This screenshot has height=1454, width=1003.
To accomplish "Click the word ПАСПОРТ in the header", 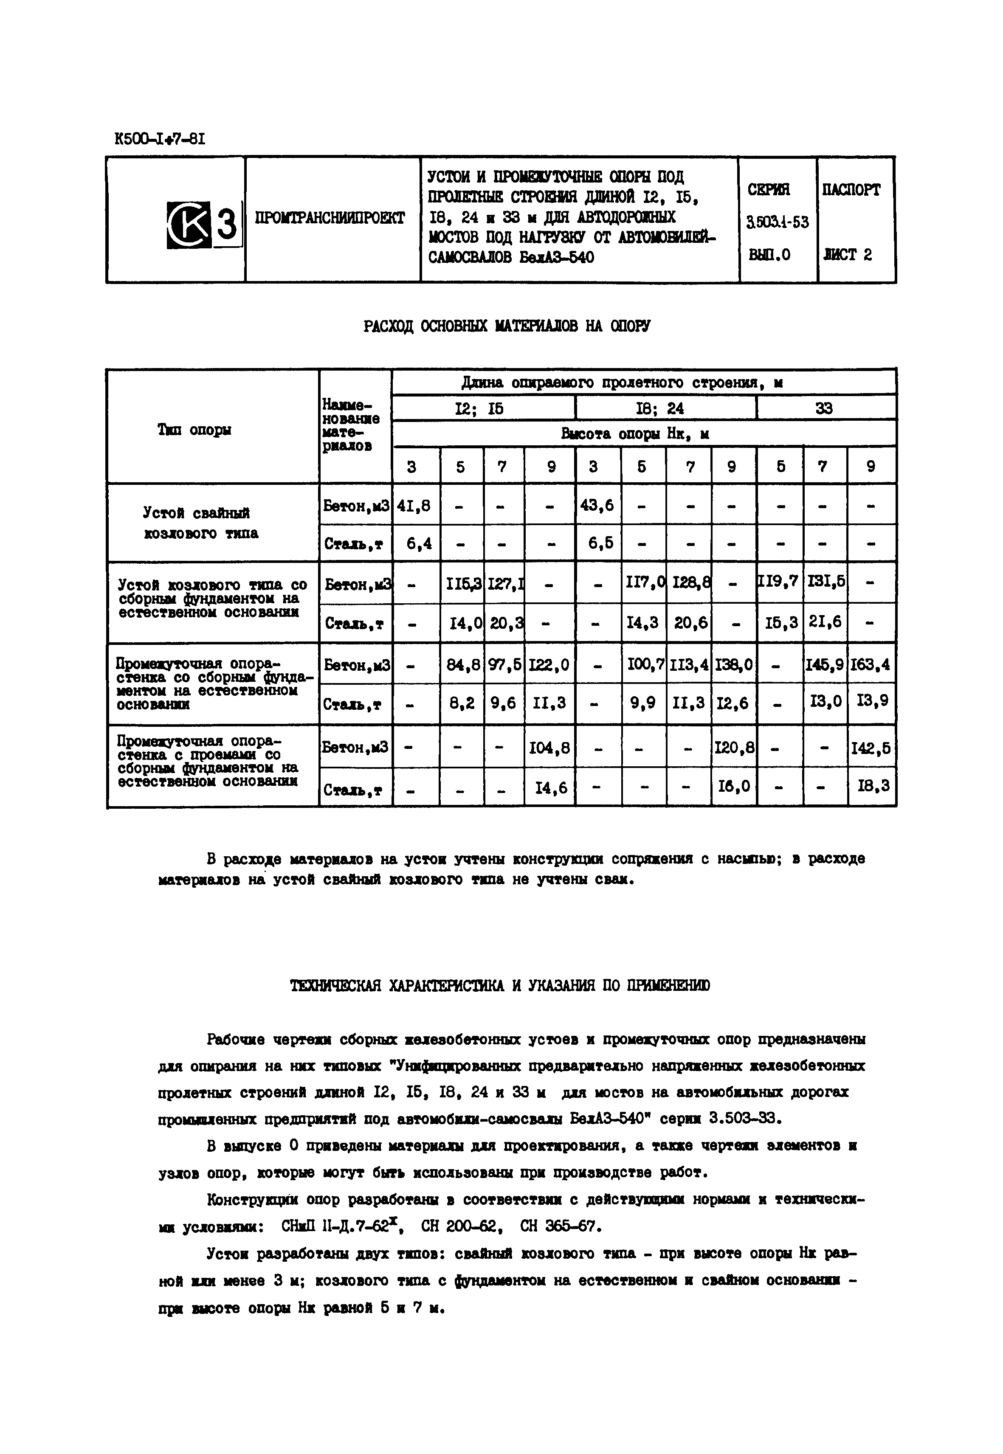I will tap(851, 189).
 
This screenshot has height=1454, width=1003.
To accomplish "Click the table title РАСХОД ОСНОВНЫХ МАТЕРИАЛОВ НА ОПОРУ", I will tap(507, 326).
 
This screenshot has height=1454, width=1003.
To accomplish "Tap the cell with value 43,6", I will tap(597, 505).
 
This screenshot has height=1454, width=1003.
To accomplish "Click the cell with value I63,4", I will tap(871, 664).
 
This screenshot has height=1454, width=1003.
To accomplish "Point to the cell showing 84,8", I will tap(461, 664).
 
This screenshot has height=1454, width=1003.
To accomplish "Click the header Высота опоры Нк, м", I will tap(635, 434).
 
